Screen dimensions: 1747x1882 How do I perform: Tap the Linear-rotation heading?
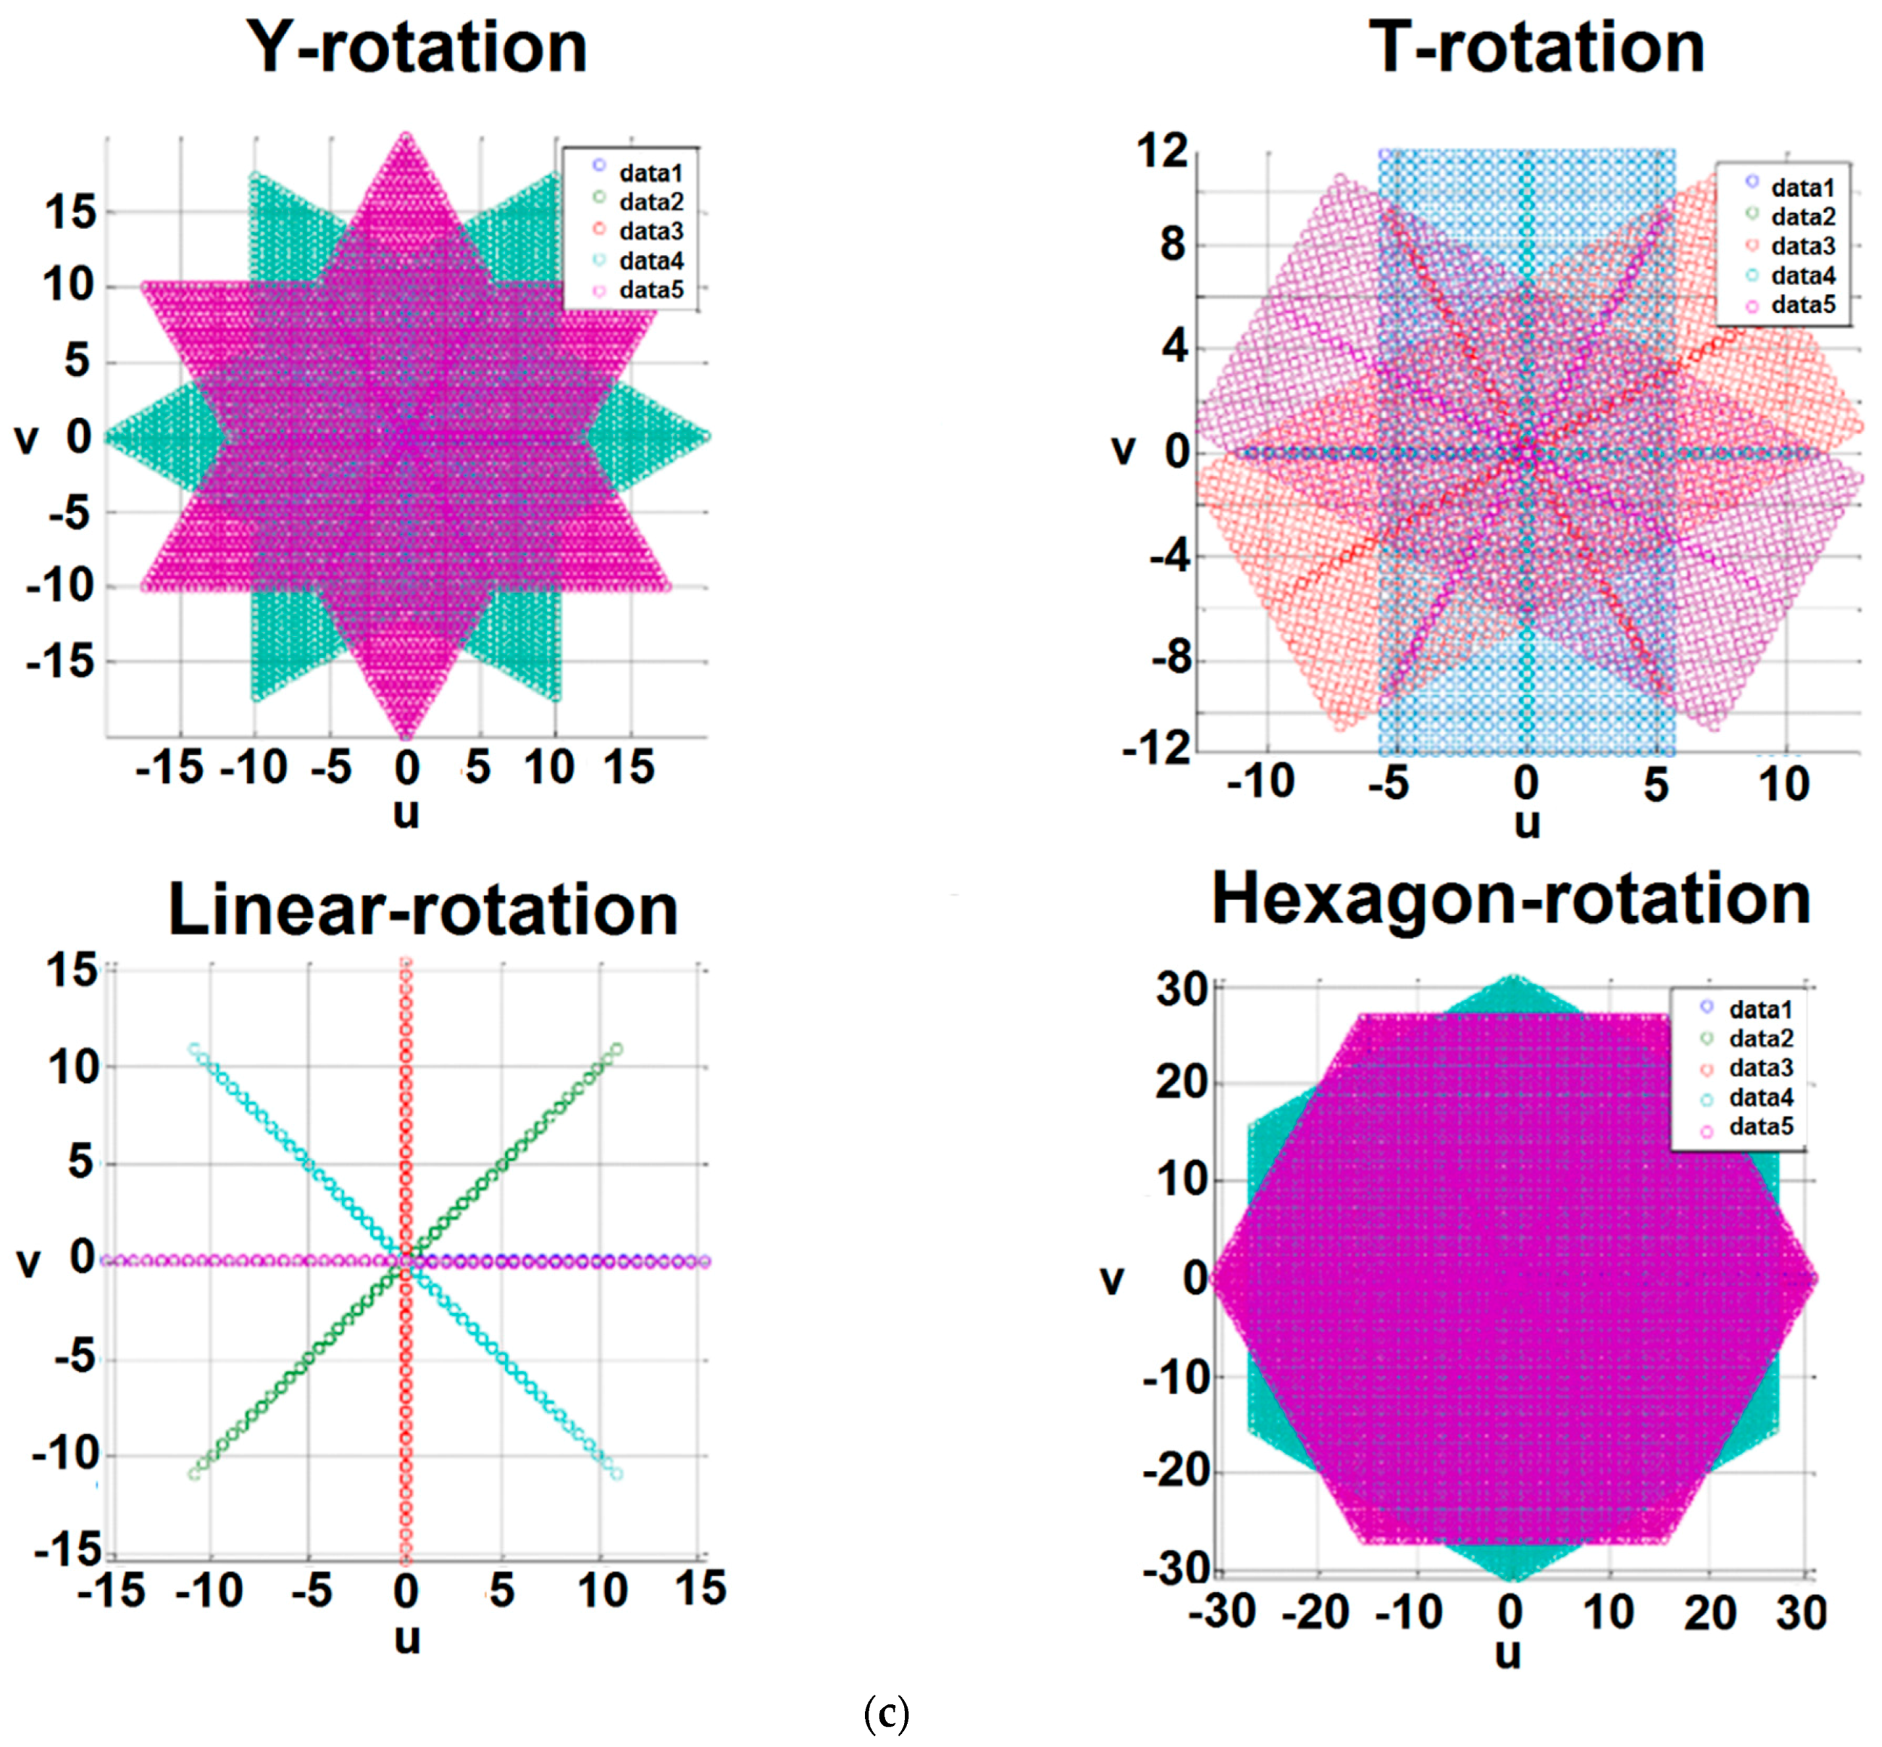pos(423,911)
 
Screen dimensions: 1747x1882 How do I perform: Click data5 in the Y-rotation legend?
pos(650,290)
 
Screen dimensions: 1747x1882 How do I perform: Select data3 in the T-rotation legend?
pos(1802,247)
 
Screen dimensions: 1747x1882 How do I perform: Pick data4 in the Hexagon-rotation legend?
pos(1760,1097)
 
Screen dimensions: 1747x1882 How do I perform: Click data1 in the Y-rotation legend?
pos(650,173)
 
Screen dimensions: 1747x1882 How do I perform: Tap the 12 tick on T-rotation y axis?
pos(1161,151)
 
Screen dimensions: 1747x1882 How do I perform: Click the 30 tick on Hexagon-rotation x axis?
pos(1800,1613)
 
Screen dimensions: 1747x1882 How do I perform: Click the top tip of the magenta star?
pos(406,137)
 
